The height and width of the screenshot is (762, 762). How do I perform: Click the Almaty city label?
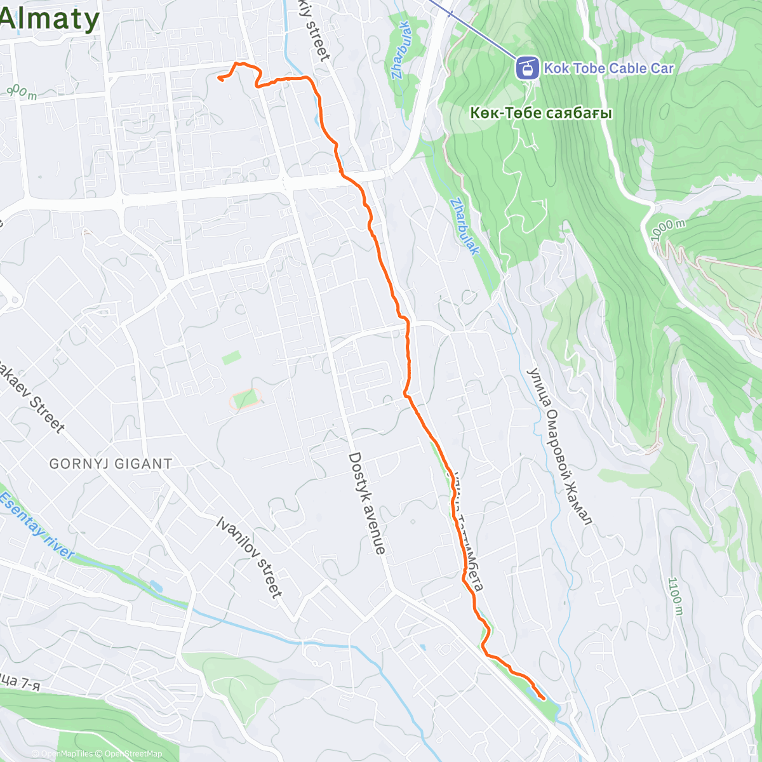50,19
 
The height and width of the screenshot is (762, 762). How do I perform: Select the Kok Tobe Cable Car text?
608,68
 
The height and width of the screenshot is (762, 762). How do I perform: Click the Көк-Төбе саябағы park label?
541,114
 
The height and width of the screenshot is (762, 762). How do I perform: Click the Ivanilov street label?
249,557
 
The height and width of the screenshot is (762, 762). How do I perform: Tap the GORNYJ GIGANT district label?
110,464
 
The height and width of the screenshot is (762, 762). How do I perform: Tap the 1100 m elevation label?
674,596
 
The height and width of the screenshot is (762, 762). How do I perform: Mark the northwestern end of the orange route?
219,78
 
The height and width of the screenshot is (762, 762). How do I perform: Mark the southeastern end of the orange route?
544,698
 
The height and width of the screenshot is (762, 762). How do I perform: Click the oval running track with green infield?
245,399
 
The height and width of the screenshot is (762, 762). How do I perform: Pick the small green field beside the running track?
231,358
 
